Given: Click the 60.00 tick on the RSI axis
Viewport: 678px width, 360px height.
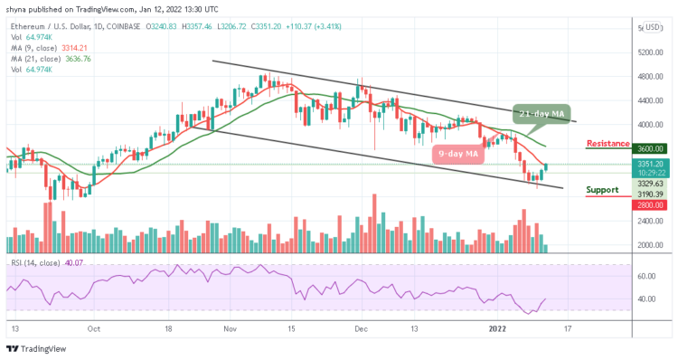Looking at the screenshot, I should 646,275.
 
